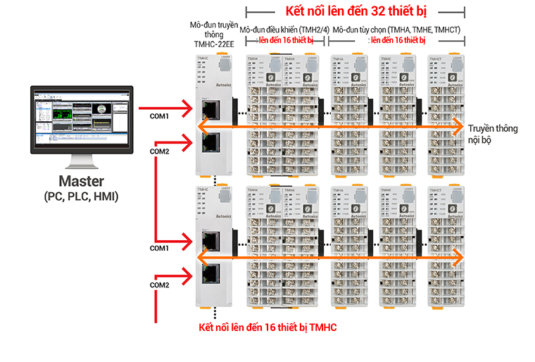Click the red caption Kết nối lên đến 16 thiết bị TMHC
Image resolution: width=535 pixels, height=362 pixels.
tap(267, 328)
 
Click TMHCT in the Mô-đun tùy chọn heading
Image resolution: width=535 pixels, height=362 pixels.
tap(446, 30)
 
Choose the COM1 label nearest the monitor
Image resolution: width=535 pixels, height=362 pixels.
tap(159, 116)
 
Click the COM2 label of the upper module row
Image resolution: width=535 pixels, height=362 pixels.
tap(159, 151)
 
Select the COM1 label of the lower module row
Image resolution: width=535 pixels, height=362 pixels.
tap(159, 249)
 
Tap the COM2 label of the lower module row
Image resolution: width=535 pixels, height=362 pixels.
tap(159, 285)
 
